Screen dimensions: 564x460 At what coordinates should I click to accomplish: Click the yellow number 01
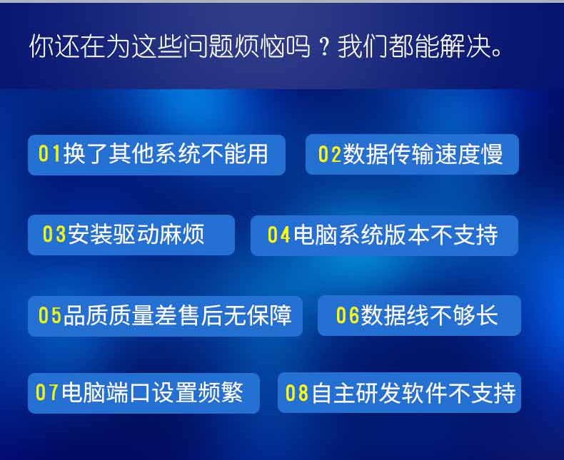(x=49, y=153)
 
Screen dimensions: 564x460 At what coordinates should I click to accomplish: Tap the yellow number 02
(x=330, y=154)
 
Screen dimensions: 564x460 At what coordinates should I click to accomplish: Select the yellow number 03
(x=54, y=234)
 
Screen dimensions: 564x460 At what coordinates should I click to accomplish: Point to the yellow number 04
(x=278, y=235)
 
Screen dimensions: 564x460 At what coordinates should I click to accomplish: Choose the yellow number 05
(x=50, y=315)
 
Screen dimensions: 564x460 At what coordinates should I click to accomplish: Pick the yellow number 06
(x=348, y=315)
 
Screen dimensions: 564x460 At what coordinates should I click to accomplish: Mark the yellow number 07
(x=46, y=392)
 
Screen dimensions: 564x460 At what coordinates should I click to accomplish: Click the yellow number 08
(x=297, y=393)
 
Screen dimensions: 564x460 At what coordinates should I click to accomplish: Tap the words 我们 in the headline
(x=362, y=46)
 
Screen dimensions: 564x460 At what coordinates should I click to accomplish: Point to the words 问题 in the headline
(x=208, y=46)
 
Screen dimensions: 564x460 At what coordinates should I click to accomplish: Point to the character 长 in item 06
(x=487, y=315)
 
